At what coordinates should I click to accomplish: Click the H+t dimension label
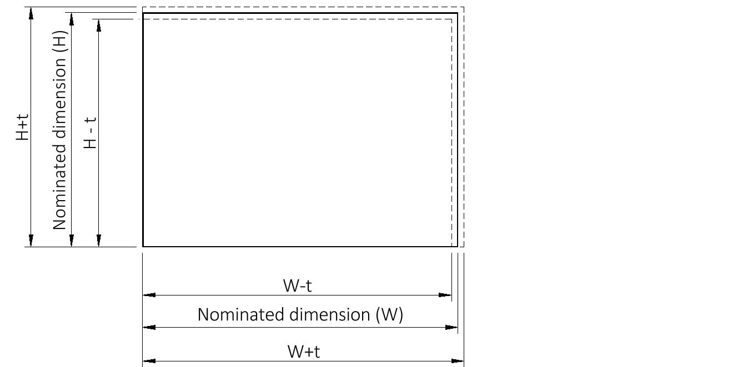pos(22,127)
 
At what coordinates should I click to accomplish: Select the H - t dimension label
pos(91,132)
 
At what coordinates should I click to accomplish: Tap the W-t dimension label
pos(301,286)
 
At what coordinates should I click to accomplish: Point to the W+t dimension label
pos(303,351)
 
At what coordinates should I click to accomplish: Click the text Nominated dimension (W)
pos(300,315)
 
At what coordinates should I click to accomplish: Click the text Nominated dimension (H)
pos(59,130)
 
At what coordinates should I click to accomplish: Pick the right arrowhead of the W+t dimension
pos(458,361)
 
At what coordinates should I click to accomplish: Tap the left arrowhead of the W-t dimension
pos(149,295)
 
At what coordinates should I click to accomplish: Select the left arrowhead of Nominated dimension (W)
pos(149,327)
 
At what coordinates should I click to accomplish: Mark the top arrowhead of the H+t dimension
pos(31,13)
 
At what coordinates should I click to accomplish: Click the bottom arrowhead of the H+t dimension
pos(31,241)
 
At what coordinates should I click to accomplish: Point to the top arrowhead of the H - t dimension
pos(99,26)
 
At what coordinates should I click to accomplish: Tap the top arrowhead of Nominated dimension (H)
pos(71,19)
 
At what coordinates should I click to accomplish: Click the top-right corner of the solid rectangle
pos(457,13)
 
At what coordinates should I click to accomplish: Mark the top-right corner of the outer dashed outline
pos(463,7)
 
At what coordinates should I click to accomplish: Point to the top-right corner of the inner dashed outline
pos(451,19)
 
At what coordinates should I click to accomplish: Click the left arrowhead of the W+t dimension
pos(149,361)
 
